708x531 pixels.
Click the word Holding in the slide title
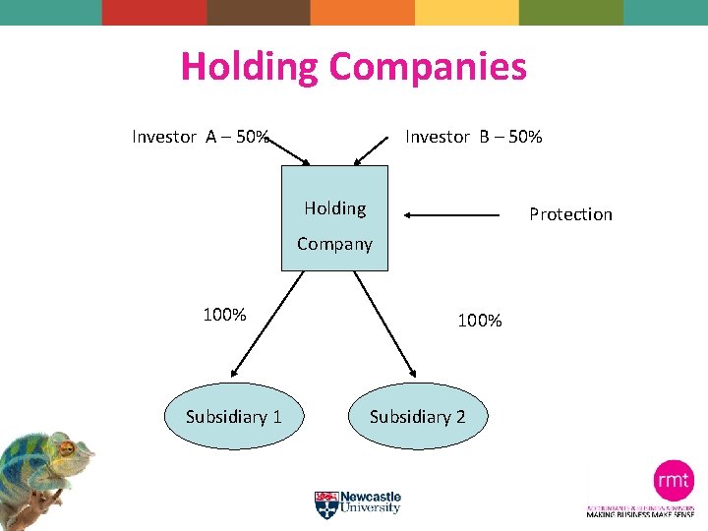pyautogui.click(x=251, y=67)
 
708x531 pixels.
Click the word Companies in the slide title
pyautogui.click(x=428, y=67)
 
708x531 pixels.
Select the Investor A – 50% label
pyautogui.click(x=201, y=137)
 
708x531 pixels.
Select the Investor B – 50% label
pyautogui.click(x=473, y=137)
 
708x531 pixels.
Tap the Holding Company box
pyautogui.click(x=334, y=217)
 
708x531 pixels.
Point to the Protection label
pyautogui.click(x=570, y=214)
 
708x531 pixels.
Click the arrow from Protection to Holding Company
pyautogui.click(x=452, y=214)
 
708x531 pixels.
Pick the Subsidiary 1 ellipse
pyautogui.click(x=234, y=416)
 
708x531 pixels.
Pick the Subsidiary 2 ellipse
pyautogui.click(x=417, y=416)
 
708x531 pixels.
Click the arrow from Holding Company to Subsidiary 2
pyautogui.click(x=384, y=324)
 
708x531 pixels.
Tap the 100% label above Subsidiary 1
pyautogui.click(x=224, y=315)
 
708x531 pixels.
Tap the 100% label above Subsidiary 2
pyautogui.click(x=480, y=321)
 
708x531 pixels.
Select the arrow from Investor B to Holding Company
pyautogui.click(x=373, y=149)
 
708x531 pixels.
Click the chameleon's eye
pyautogui.click(x=67, y=448)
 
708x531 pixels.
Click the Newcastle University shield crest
pyautogui.click(x=325, y=504)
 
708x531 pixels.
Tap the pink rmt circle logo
pyautogui.click(x=674, y=481)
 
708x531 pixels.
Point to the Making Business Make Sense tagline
pyautogui.click(x=640, y=513)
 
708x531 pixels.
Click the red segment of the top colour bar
pyautogui.click(x=154, y=12)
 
